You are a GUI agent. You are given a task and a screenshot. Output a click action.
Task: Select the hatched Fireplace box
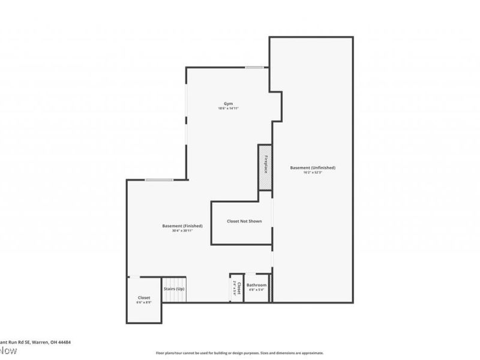265,167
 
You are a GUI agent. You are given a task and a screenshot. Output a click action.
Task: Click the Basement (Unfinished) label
312,167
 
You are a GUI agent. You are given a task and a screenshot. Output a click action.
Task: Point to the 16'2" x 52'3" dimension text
312,173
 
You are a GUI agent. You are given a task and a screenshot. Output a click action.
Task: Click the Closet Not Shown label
244,221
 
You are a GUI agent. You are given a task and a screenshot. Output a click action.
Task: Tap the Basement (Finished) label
182,226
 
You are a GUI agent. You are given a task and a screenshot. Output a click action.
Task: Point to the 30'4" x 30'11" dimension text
182,231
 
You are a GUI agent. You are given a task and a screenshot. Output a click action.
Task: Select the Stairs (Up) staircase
175,289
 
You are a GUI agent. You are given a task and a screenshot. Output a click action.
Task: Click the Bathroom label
256,285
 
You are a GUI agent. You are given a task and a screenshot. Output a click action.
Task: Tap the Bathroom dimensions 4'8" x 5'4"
256,290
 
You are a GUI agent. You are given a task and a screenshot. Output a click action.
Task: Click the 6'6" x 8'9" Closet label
144,298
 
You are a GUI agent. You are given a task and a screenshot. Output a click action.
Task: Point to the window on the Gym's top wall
254,67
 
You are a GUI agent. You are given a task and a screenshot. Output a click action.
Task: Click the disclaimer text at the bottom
240,353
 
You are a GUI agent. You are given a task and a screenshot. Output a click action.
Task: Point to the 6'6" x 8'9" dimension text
144,302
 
